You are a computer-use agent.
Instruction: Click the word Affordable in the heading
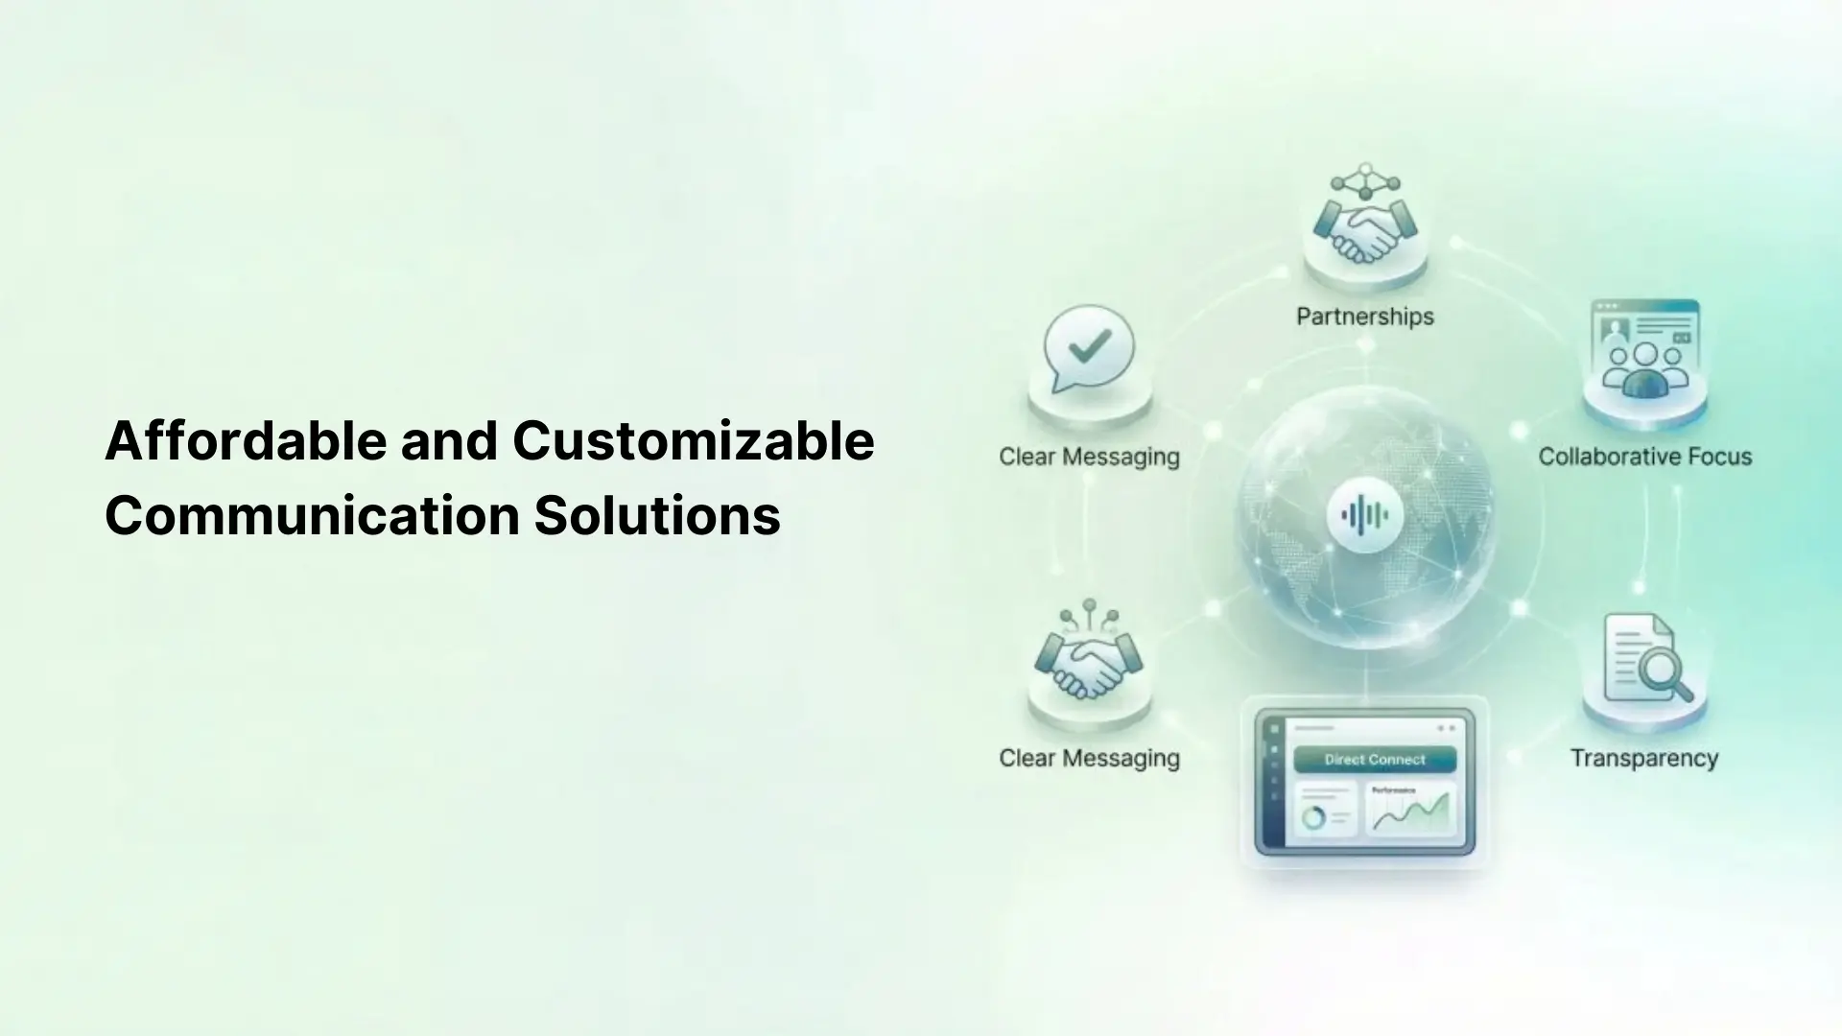coord(246,441)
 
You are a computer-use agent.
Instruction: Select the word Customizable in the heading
coord(693,441)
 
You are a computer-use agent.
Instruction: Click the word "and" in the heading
coord(449,441)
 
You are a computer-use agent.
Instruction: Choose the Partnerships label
coord(1364,317)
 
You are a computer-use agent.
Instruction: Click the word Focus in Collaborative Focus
coord(1714,457)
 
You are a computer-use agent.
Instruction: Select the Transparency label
coord(1643,758)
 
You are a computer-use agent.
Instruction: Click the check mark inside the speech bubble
coord(1090,345)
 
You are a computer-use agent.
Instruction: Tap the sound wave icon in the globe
coord(1364,515)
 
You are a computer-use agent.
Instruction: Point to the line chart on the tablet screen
coord(1409,813)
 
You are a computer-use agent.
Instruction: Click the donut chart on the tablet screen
coord(1313,817)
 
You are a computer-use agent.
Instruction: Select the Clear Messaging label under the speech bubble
coord(1089,457)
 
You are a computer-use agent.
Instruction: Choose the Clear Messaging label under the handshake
coord(1089,758)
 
